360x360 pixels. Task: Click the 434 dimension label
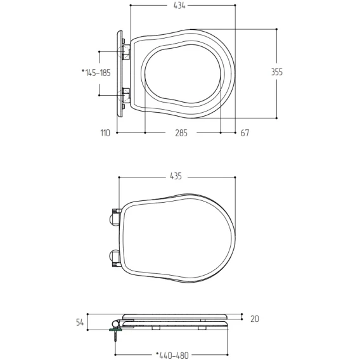point(179,6)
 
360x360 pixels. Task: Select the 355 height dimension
point(277,72)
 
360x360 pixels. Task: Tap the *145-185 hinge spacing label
point(96,73)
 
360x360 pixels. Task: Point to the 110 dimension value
point(105,133)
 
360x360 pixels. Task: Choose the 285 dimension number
point(181,133)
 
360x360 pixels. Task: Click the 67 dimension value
point(245,133)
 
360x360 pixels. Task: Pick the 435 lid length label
point(176,176)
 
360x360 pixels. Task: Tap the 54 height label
point(80,323)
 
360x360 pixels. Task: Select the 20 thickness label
point(255,319)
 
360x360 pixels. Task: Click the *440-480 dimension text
point(172,356)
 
